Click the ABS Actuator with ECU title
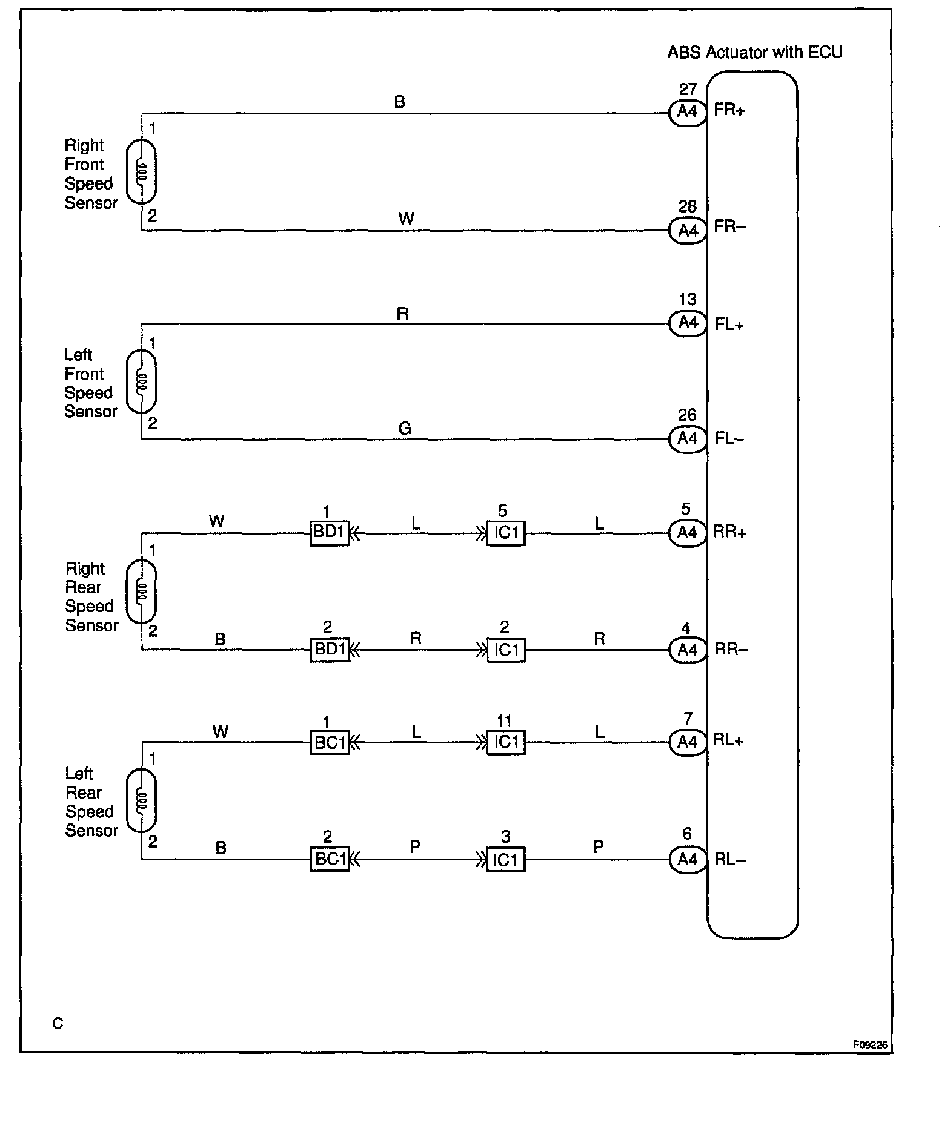click(x=754, y=53)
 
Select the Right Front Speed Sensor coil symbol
click(x=141, y=171)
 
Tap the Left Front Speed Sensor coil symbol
click(x=141, y=381)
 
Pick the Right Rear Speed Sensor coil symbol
click(x=141, y=592)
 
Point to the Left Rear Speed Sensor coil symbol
click(x=141, y=801)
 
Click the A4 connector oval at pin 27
click(x=688, y=113)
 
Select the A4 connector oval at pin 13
click(x=688, y=323)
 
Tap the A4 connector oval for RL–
click(x=688, y=860)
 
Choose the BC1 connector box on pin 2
click(x=330, y=860)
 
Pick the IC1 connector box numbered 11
click(x=506, y=742)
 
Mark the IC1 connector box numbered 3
click(x=506, y=860)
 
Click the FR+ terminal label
click(x=729, y=111)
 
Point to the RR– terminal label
click(x=731, y=650)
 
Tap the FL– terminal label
click(x=729, y=439)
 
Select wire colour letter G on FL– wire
click(x=405, y=429)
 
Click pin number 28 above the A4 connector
click(x=688, y=207)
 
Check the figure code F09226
click(x=870, y=1044)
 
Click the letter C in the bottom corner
click(x=58, y=1023)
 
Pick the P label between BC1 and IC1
click(x=415, y=847)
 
